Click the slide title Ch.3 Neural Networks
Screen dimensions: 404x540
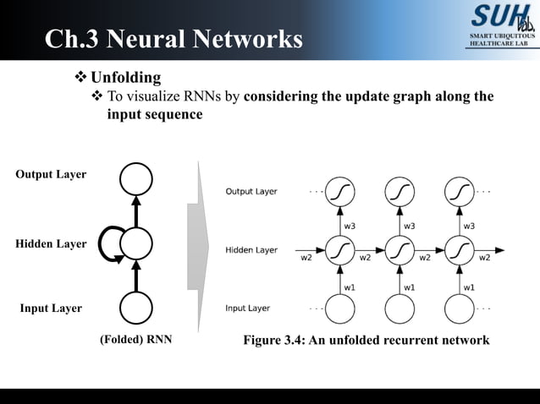173,39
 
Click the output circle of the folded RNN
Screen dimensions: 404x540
135,178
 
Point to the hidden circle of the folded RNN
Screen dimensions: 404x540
135,244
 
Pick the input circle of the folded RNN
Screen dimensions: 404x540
135,308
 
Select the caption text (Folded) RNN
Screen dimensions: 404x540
135,341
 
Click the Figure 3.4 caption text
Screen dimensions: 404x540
366,340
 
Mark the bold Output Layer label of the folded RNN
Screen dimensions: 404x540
51,174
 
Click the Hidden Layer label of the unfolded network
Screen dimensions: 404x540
251,250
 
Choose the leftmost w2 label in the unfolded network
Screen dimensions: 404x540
306,258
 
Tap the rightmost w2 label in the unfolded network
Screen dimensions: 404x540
485,258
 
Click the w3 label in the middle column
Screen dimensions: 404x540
410,226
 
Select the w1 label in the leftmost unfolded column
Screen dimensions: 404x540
349,287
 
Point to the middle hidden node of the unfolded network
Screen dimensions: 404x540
399,251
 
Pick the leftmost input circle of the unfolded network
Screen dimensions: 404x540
339,309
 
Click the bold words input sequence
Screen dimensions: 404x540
155,114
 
